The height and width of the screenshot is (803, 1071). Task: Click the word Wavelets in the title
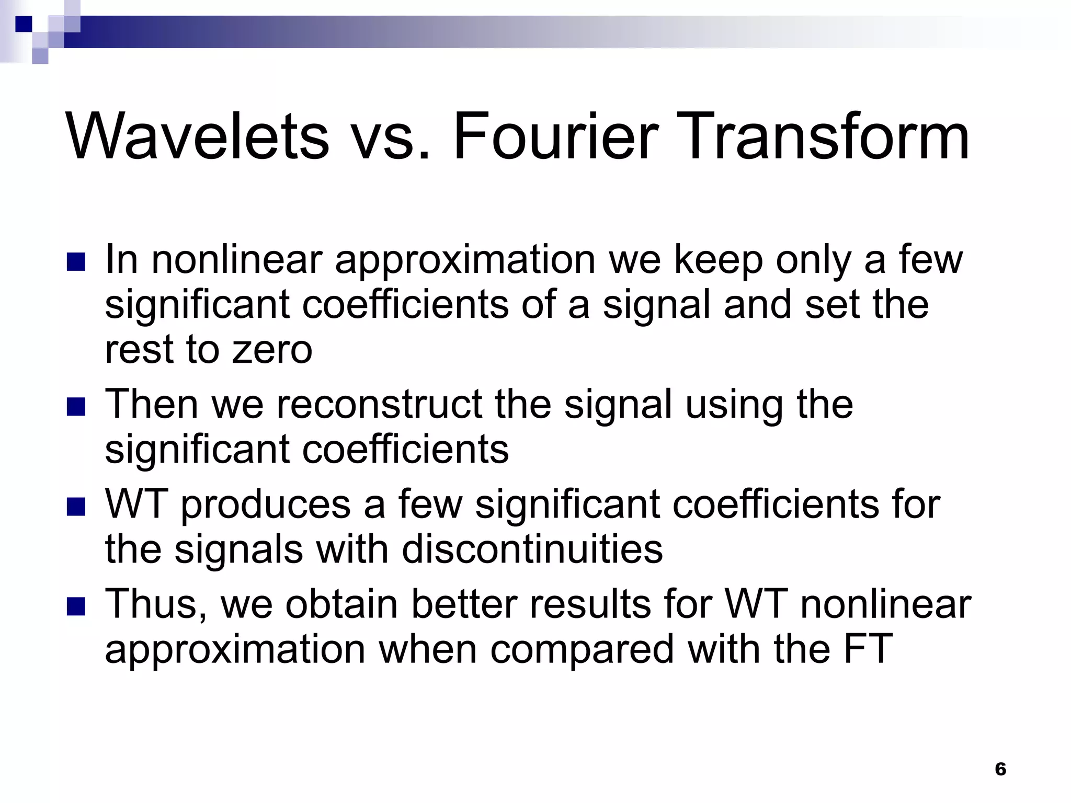point(197,137)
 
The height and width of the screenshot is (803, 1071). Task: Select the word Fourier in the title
point(554,137)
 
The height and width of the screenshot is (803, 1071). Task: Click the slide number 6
point(1000,768)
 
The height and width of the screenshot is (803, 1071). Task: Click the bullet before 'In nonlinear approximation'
point(76,262)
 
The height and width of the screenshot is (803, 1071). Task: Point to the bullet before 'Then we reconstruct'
point(76,407)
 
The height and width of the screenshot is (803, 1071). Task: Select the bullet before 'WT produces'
point(76,507)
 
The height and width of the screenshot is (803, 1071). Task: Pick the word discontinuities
point(532,550)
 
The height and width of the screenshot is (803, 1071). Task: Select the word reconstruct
point(380,405)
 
